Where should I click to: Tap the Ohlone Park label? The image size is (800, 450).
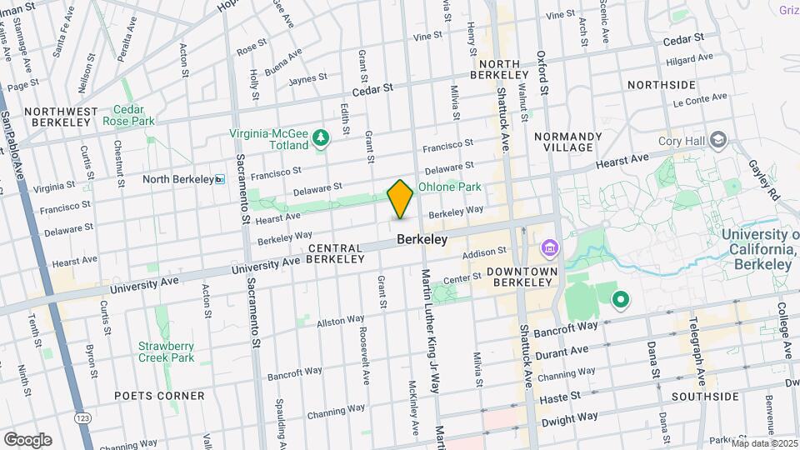pyautogui.click(x=450, y=187)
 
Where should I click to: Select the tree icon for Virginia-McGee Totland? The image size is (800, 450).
pyautogui.click(x=320, y=142)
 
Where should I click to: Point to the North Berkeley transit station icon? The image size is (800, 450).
pyautogui.click(x=220, y=179)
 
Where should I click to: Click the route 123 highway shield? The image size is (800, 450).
pyautogui.click(x=83, y=416)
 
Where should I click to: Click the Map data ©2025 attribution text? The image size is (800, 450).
pyautogui.click(x=764, y=442)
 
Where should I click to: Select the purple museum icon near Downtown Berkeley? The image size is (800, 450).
pyautogui.click(x=549, y=248)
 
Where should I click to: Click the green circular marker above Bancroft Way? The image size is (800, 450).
pyautogui.click(x=620, y=299)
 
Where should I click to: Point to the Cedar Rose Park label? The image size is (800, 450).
pyautogui.click(x=128, y=115)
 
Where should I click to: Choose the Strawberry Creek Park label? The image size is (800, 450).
pyautogui.click(x=166, y=352)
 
